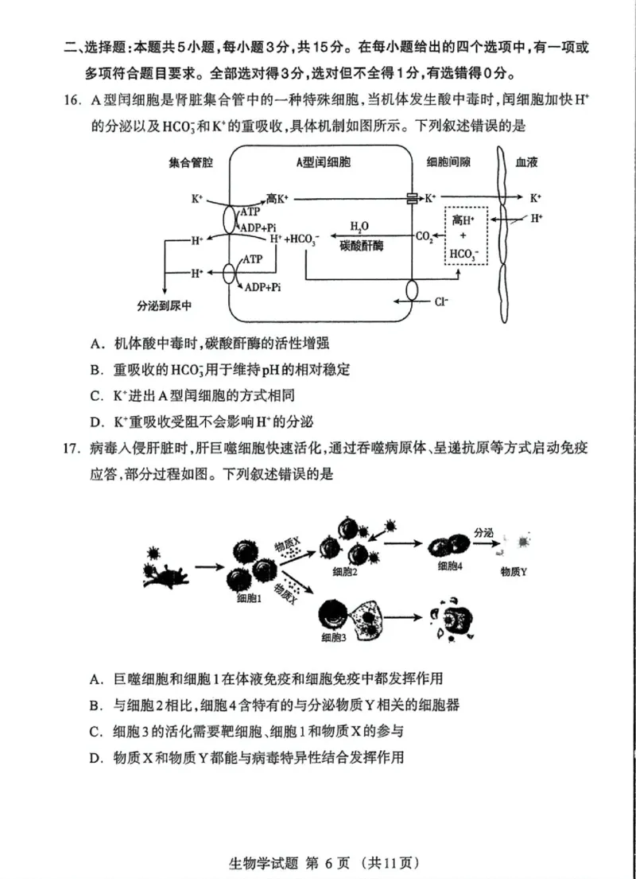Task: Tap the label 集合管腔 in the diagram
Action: tap(190, 161)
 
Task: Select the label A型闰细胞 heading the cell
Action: tap(323, 161)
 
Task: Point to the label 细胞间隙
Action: tap(448, 161)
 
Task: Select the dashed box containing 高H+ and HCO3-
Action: tap(463, 235)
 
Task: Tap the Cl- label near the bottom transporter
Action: tap(442, 301)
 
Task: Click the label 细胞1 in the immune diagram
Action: tap(249, 598)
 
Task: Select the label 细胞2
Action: tap(344, 572)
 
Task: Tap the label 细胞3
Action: tap(333, 637)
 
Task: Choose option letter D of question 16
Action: tap(97, 422)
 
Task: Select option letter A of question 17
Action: tap(97, 679)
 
